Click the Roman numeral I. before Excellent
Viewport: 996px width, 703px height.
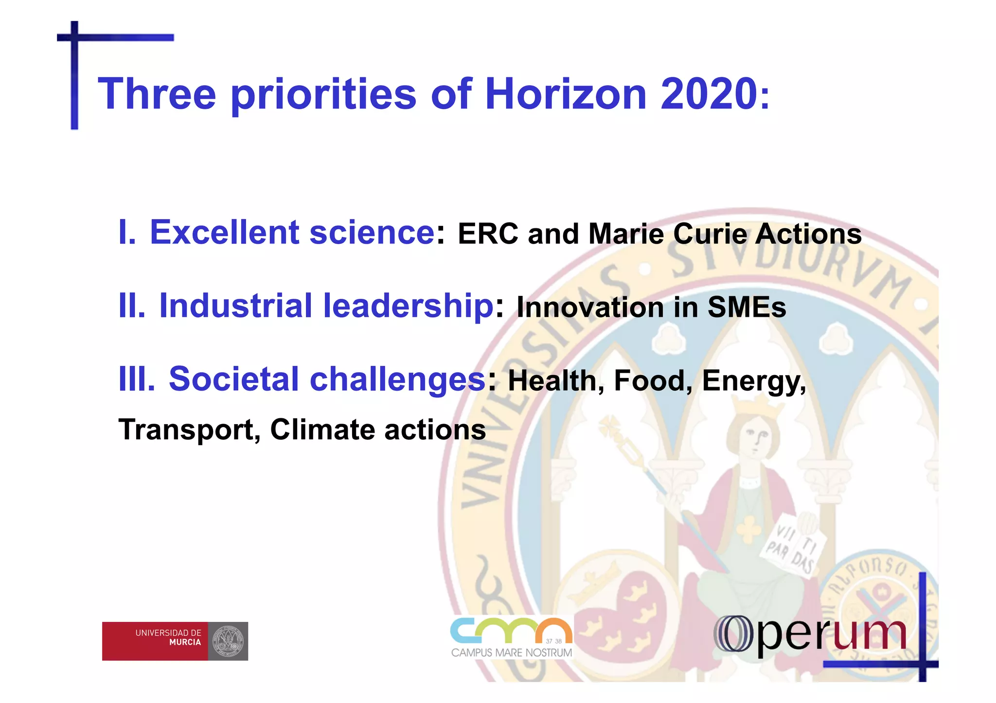click(127, 232)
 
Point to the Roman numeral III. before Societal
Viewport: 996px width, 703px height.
click(137, 379)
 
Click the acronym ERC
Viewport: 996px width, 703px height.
click(488, 234)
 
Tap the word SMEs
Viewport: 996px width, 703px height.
click(747, 307)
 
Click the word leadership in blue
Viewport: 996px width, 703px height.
click(409, 306)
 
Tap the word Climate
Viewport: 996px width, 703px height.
click(322, 429)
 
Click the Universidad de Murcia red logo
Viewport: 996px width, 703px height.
click(175, 641)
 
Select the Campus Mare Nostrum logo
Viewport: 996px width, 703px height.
click(511, 637)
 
